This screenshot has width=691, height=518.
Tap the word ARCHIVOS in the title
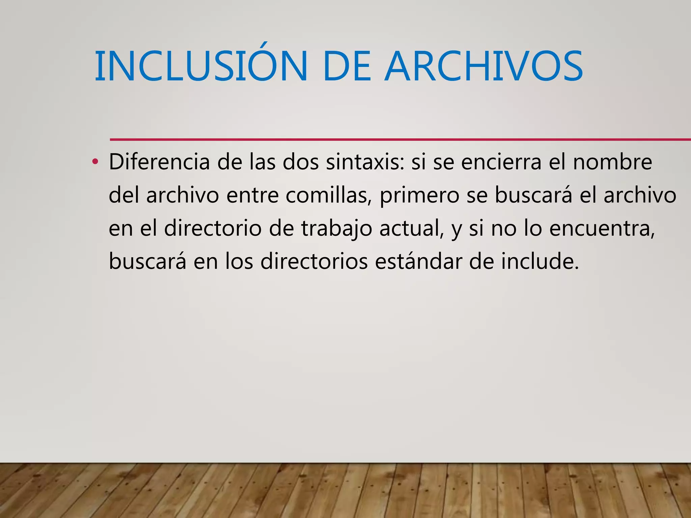tap(484, 66)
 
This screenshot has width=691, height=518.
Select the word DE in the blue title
tap(346, 66)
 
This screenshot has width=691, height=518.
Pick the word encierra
tap(501, 162)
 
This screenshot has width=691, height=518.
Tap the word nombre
tap(612, 162)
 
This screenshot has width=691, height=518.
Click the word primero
tap(419, 196)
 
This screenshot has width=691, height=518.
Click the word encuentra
tap(602, 228)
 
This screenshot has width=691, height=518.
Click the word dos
tap(301, 162)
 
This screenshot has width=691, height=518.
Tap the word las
tap(262, 162)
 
